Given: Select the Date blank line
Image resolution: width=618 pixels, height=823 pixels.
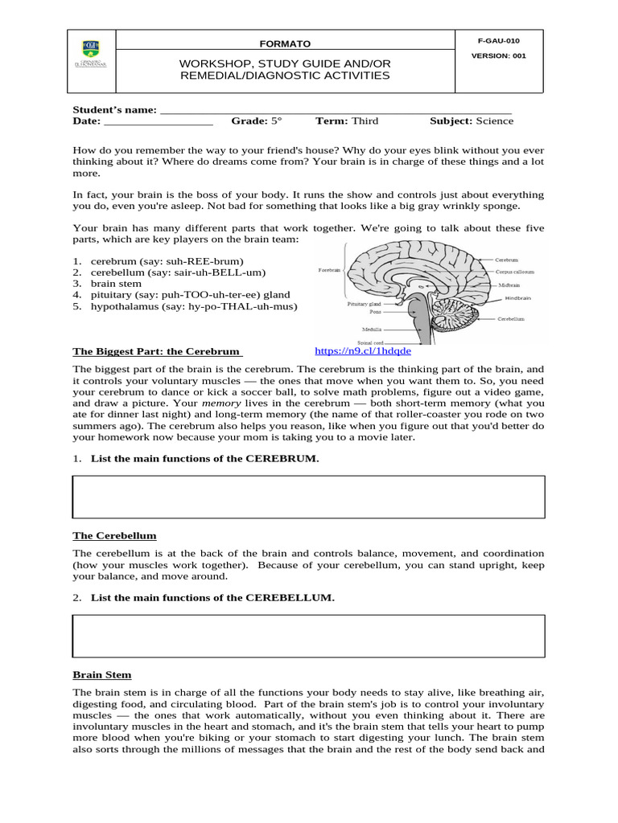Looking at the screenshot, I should (x=159, y=121).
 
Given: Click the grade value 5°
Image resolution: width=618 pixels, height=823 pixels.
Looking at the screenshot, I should (x=277, y=121).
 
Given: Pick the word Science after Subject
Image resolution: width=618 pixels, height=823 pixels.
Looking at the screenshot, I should (x=494, y=121).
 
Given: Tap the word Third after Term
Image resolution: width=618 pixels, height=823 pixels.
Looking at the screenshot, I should (x=365, y=121).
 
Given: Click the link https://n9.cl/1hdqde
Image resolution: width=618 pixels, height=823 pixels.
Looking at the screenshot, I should (x=362, y=351).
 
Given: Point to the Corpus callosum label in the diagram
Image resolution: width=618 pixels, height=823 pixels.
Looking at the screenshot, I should (x=516, y=272).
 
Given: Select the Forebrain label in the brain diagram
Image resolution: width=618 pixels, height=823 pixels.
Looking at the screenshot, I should (x=330, y=270).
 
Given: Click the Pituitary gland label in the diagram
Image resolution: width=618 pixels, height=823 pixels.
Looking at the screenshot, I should (x=365, y=305).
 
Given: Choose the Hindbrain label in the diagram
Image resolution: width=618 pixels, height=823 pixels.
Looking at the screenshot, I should (x=518, y=298).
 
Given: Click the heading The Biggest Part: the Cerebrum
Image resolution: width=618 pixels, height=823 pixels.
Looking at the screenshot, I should (x=157, y=351).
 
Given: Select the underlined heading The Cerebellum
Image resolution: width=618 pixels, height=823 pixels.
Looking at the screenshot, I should (x=114, y=535).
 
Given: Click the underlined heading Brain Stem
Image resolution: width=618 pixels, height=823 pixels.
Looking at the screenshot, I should (x=102, y=675).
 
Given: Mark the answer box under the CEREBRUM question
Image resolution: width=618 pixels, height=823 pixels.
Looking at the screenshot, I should (x=308, y=497).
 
